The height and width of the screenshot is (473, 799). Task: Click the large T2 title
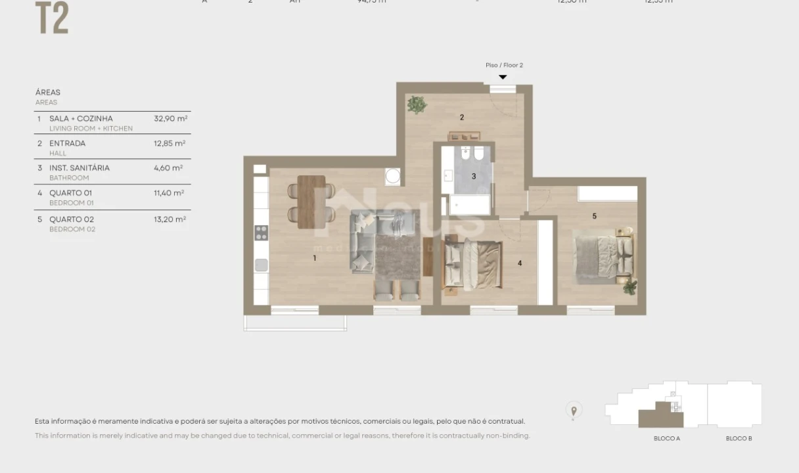[52, 18]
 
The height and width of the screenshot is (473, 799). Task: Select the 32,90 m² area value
[170, 119]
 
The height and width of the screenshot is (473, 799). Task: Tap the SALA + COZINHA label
[81, 119]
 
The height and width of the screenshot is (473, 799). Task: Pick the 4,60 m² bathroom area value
[168, 168]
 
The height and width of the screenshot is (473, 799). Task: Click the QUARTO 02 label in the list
[71, 219]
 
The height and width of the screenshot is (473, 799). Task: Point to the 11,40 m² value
[169, 193]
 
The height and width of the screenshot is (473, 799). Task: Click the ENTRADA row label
[67, 143]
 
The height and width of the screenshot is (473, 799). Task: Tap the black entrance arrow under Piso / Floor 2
[503, 77]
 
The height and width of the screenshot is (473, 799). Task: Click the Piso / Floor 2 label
[504, 65]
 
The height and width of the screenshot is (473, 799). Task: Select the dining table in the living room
[311, 202]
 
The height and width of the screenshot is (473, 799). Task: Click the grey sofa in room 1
[363, 242]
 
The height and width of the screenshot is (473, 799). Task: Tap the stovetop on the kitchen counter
[261, 233]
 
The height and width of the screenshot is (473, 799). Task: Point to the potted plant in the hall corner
[417, 104]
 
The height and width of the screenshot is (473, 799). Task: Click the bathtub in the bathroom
[469, 204]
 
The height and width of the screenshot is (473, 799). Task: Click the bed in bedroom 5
[603, 256]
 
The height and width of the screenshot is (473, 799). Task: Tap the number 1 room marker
[315, 258]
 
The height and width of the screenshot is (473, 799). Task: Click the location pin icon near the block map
[574, 411]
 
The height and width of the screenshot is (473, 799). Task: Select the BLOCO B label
[739, 438]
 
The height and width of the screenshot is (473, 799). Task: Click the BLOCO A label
[666, 438]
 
